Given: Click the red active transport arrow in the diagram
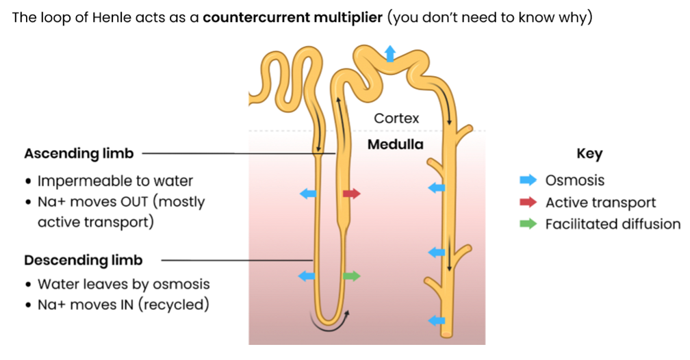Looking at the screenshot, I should click(x=351, y=194).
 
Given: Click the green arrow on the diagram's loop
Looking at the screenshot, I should click(x=351, y=276).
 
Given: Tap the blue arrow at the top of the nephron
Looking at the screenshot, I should click(x=389, y=53).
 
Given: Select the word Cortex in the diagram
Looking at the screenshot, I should click(x=396, y=118).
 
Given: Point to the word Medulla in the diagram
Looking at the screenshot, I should click(x=396, y=145).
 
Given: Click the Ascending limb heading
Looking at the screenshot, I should click(x=79, y=153).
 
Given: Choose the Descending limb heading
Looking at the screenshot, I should click(x=83, y=260).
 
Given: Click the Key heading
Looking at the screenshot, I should click(x=589, y=153).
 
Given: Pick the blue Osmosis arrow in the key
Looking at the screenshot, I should click(x=528, y=181).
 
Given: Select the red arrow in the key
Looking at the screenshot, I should click(x=528, y=203).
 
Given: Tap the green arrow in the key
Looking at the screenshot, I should click(x=528, y=224).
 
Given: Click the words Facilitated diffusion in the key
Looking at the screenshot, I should click(x=613, y=224).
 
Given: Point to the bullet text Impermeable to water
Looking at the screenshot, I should click(x=115, y=181).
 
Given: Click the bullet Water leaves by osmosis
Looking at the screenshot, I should click(x=123, y=284).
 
